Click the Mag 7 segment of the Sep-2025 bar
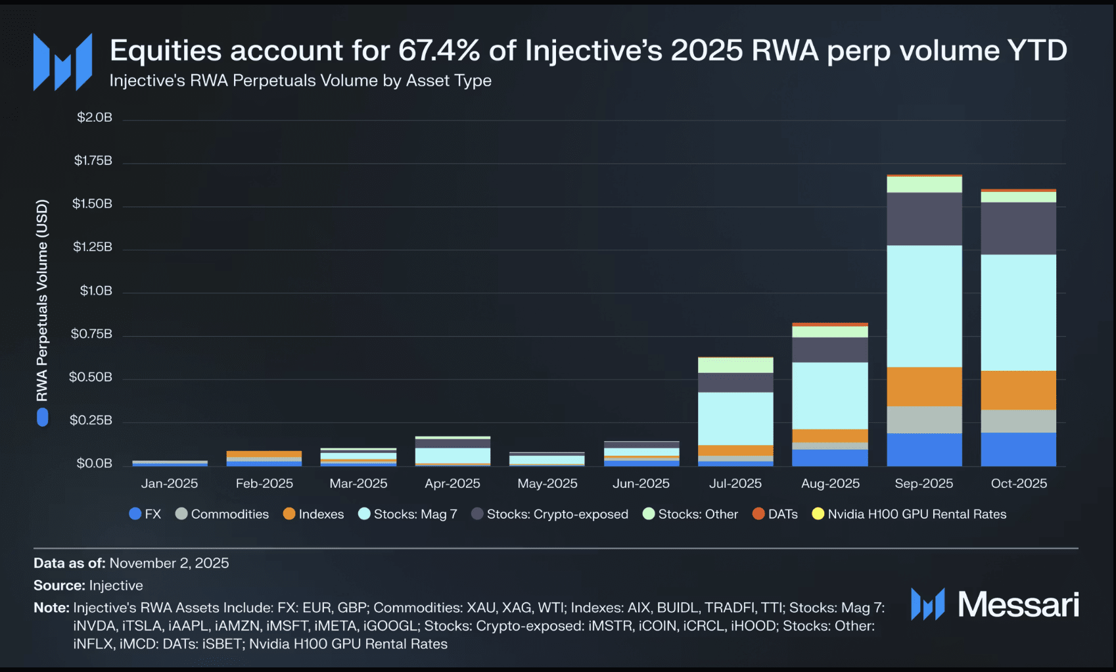(924, 306)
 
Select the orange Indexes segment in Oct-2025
(1018, 390)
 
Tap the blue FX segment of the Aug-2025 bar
(830, 458)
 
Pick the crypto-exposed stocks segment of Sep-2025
(924, 219)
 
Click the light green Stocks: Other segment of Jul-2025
(735, 365)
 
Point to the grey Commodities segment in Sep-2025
(924, 420)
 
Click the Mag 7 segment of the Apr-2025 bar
(453, 455)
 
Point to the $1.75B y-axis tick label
(93, 160)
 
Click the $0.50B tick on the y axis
(91, 377)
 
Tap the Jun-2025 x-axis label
(641, 483)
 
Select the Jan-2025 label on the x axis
(170, 483)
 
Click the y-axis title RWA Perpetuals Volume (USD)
(42, 300)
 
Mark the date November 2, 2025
(169, 563)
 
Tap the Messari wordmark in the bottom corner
(1017, 604)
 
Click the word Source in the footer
(58, 585)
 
